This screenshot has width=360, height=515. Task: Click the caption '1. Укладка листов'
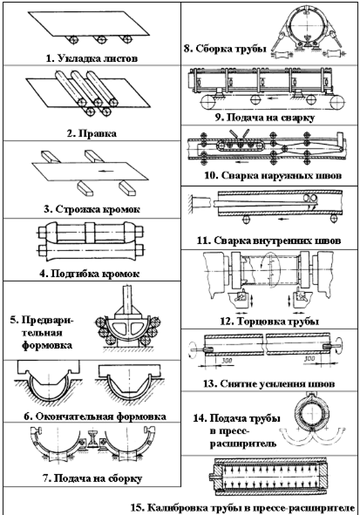click(x=92, y=58)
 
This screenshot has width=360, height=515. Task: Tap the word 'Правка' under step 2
click(x=97, y=133)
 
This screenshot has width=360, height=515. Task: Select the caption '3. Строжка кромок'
click(x=92, y=209)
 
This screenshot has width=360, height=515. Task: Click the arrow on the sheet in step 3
click(x=104, y=171)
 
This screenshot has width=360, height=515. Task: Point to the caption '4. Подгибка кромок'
click(x=90, y=274)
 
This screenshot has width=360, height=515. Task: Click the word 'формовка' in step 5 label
click(x=47, y=345)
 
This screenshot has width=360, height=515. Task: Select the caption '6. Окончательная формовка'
click(x=95, y=417)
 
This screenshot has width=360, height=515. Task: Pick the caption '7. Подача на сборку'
click(x=92, y=478)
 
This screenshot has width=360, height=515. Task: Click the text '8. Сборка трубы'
click(x=225, y=49)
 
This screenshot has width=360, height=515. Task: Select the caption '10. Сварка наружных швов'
click(x=273, y=175)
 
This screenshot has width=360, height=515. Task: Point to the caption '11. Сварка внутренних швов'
click(x=268, y=241)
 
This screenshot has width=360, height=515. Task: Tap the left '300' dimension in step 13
click(x=226, y=360)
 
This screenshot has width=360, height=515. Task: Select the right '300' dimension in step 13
click(x=310, y=358)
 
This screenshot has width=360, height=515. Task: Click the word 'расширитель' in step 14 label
click(x=242, y=444)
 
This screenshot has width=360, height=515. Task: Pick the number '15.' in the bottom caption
click(x=138, y=507)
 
